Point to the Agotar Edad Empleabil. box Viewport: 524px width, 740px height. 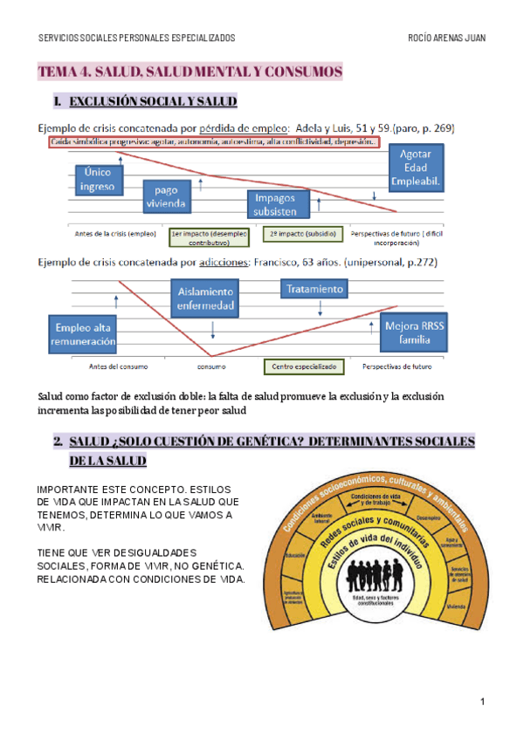click(422, 168)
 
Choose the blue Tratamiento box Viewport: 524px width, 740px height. click(314, 288)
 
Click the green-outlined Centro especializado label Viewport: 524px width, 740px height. click(303, 367)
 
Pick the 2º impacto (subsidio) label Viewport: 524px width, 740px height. click(290, 234)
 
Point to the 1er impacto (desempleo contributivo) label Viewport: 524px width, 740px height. click(209, 238)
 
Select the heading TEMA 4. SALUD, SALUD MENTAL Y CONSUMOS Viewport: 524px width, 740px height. click(190, 72)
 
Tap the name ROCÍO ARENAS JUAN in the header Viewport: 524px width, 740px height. click(446, 38)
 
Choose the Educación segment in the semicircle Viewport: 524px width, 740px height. click(294, 555)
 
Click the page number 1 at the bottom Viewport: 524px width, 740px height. click(481, 702)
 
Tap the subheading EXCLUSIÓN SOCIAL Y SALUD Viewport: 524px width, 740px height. click(152, 103)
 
